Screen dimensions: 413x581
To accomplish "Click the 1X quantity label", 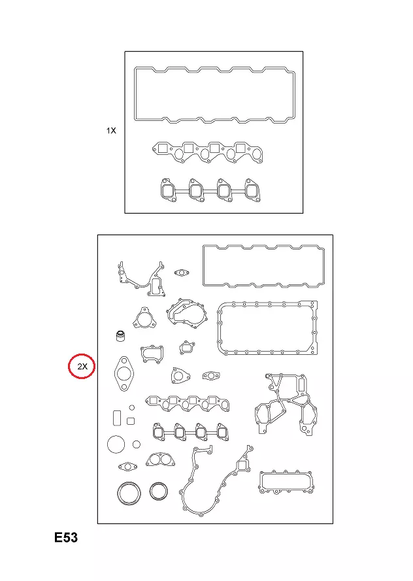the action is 111,131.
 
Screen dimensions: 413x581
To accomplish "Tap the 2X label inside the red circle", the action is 82,367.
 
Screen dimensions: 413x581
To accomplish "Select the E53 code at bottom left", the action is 66,538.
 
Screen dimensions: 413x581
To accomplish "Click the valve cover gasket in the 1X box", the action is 135,95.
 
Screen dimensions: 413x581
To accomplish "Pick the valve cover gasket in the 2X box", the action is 204,266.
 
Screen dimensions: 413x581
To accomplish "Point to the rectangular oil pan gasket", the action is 219,328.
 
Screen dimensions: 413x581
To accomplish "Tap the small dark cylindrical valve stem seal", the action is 120,336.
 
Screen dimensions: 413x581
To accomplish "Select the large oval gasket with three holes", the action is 116,374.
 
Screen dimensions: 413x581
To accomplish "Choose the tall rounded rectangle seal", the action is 113,418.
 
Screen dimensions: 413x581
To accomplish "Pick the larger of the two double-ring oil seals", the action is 118,493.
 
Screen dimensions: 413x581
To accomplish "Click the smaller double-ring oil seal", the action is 151,491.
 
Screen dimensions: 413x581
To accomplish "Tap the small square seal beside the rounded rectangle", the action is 131,422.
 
